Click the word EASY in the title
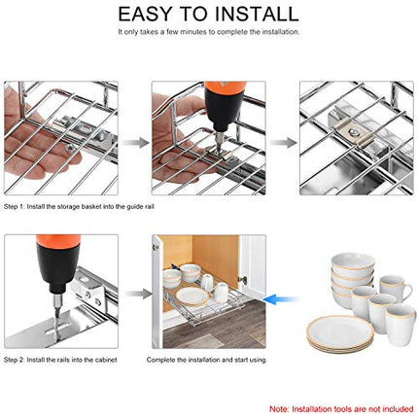[x=149, y=14]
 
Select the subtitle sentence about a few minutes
[x=208, y=32]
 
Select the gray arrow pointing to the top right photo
[x=281, y=142]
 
